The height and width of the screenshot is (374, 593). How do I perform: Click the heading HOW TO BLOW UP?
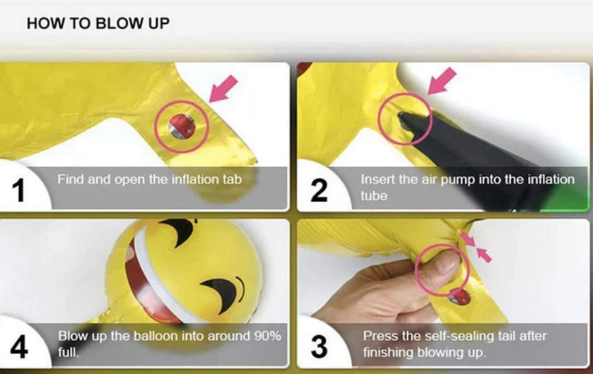98,24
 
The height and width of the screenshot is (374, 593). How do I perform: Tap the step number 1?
18,190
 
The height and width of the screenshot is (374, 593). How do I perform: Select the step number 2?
319,190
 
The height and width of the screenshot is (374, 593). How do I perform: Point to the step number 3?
319,347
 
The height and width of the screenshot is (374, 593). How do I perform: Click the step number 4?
19,347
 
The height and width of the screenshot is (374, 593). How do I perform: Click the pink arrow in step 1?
223,88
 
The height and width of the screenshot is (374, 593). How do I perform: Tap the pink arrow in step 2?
441,81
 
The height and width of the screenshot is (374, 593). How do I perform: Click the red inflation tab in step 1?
182,126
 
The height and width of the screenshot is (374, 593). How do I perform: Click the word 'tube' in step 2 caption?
374,196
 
